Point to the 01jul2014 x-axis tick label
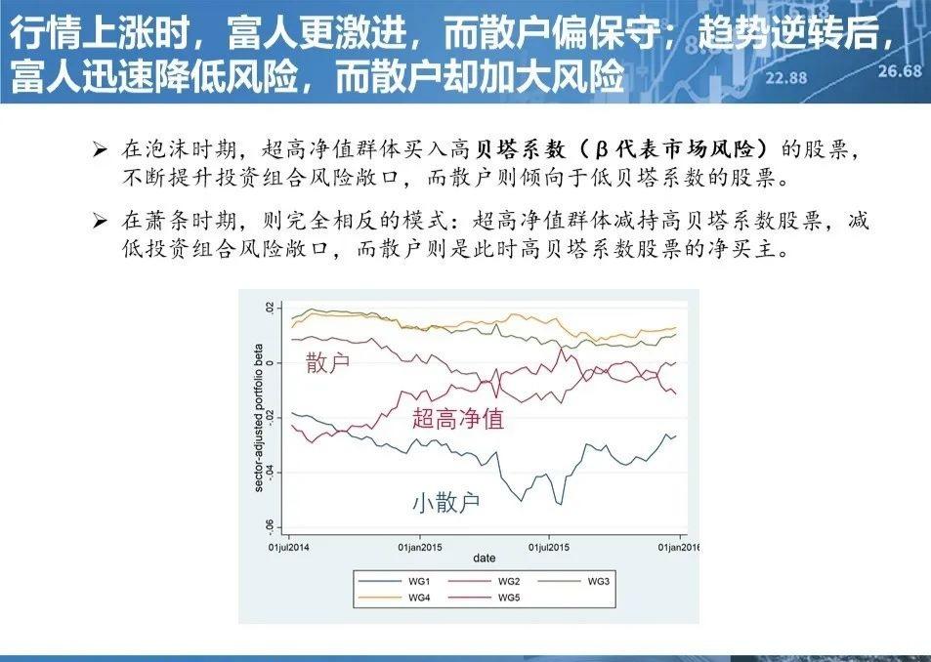click(x=290, y=547)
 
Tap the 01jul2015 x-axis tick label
click(x=549, y=547)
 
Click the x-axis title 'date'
click(x=484, y=559)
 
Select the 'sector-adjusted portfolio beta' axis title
click(x=259, y=417)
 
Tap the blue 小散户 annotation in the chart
click(x=445, y=503)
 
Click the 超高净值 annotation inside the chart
click(x=458, y=419)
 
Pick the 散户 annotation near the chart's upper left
click(x=327, y=363)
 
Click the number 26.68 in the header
click(x=899, y=71)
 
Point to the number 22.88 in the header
click(x=786, y=78)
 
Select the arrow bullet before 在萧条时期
click(x=99, y=222)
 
